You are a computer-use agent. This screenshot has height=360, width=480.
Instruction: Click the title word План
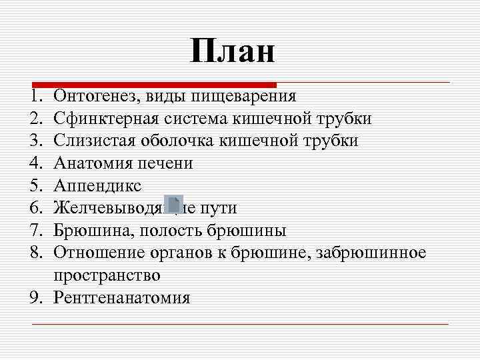pos(232,51)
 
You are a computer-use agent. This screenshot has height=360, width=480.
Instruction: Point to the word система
pos(196,119)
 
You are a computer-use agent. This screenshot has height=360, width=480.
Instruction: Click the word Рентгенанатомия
pos(122,297)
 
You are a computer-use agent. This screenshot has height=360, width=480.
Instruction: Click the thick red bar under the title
pos(153,85)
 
